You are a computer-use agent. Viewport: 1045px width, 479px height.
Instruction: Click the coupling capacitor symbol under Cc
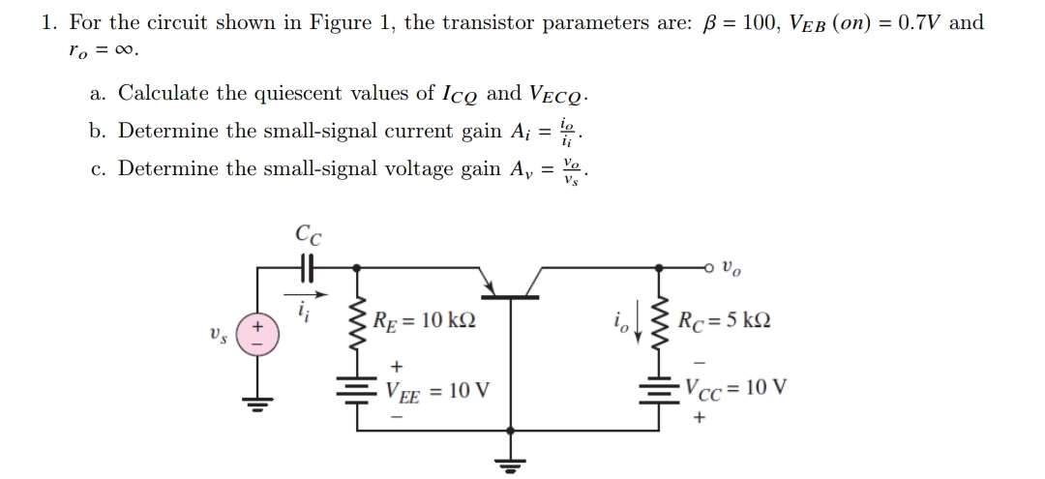point(308,264)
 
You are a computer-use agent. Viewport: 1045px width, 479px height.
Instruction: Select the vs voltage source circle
point(259,335)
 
